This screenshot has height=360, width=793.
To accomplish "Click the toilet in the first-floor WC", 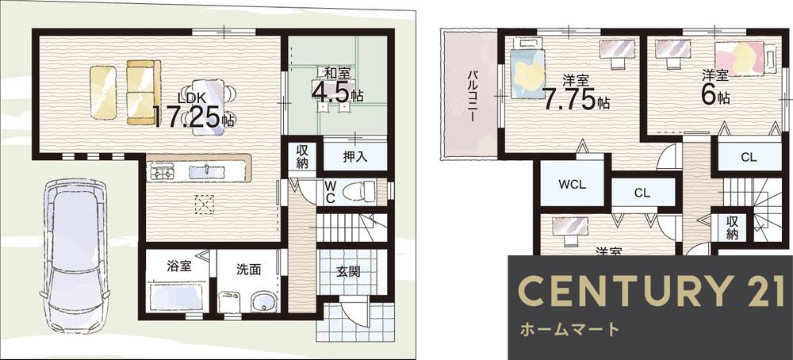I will point(364,191).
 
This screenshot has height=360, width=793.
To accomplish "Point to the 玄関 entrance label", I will point(348,271).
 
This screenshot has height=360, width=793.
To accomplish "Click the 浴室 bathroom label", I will point(179,266).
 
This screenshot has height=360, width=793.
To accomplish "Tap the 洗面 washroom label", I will point(248,269).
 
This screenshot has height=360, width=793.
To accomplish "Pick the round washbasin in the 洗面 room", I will point(261,302).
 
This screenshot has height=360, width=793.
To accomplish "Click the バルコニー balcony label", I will point(471,95).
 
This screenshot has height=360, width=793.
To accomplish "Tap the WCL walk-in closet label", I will point(572,185).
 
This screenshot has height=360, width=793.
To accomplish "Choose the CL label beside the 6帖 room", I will point(749,157).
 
